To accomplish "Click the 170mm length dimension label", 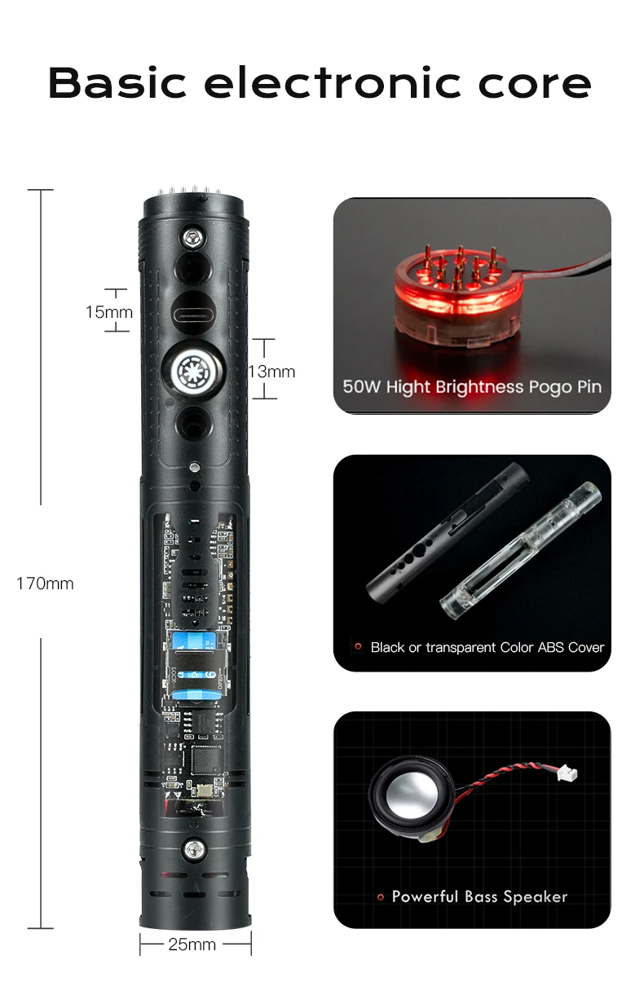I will click(45, 583).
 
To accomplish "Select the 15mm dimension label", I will click(108, 312).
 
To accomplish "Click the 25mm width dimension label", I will click(192, 944).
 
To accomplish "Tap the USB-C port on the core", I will click(193, 310).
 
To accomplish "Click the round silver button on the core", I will click(192, 370).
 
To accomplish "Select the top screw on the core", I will click(193, 237).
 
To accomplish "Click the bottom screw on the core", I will click(193, 849).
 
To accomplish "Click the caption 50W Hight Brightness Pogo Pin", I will click(472, 386).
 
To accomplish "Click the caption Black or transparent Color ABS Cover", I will click(487, 648).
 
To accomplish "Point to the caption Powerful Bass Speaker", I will click(479, 896).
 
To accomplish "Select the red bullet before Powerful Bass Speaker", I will click(380, 897).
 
